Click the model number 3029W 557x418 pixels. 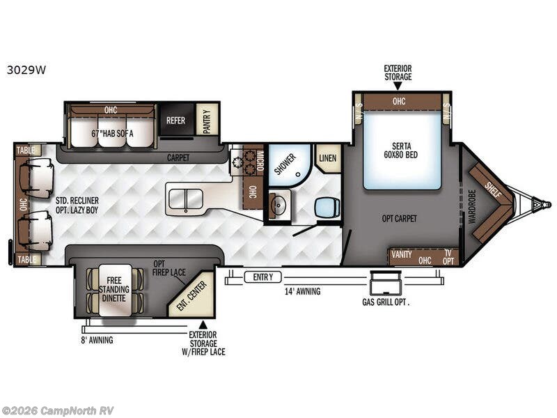pyautogui.click(x=26, y=70)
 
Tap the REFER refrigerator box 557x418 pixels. pyautogui.click(x=177, y=120)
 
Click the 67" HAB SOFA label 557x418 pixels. pyautogui.click(x=112, y=134)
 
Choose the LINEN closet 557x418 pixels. pyautogui.click(x=327, y=158)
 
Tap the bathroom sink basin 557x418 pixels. pyautogui.click(x=278, y=205)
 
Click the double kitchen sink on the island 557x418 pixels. pyautogui.click(x=185, y=199)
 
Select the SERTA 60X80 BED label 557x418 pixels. pyautogui.click(x=401, y=150)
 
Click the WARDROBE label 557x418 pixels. pyautogui.click(x=472, y=206)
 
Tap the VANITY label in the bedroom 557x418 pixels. pyautogui.click(x=402, y=254)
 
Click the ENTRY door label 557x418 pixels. pyautogui.click(x=263, y=277)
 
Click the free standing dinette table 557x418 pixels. pyautogui.click(x=114, y=290)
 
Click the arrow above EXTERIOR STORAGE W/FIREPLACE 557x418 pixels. pyautogui.click(x=203, y=325)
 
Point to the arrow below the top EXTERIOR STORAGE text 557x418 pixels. pyautogui.click(x=398, y=86)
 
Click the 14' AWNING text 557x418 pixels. pyautogui.click(x=302, y=291)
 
